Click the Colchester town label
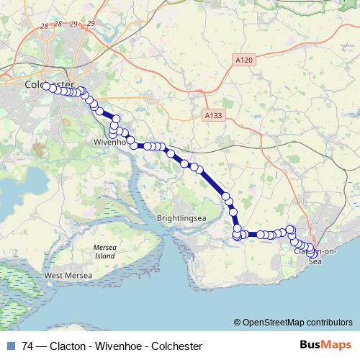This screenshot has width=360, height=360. click(45, 85)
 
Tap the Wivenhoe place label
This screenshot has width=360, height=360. click(110, 142)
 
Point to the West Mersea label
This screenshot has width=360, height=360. click(68, 275)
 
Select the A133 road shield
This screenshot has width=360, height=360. click(212, 114)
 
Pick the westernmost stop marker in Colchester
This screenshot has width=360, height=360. click(46, 86)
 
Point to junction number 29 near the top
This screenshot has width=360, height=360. click(90, 24)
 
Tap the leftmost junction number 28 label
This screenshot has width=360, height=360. click(45, 26)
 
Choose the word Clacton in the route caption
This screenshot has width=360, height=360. click(69, 346)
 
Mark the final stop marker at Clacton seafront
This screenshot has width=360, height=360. click(312, 253)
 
